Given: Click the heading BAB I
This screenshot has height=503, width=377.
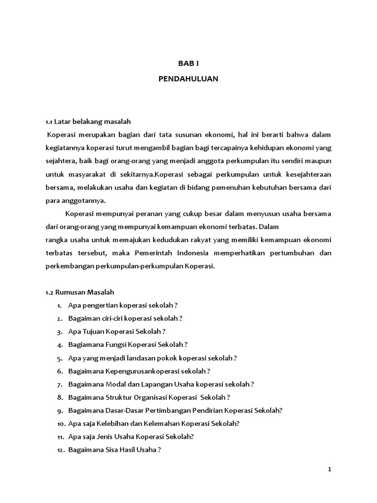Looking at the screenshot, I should tap(188, 63).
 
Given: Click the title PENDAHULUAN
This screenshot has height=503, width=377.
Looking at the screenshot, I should tap(188, 79).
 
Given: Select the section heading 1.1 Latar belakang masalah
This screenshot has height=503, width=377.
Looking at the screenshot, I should tap(88, 121).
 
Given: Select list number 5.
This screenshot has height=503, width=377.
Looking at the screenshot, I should tap(59, 358).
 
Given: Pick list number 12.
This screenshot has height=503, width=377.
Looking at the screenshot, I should tap(60, 449).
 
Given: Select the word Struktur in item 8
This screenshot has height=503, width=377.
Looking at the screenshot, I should tap(118, 397).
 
